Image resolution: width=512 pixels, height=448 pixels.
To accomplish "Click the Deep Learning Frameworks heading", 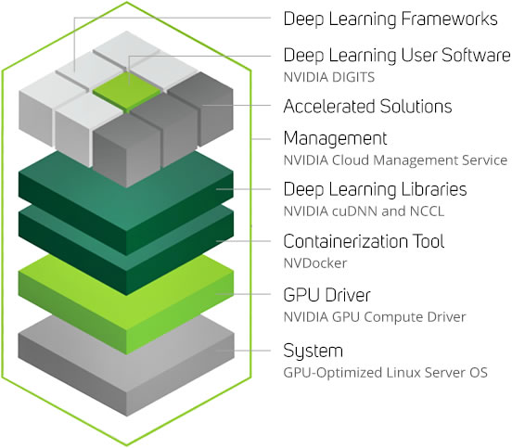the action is click(390, 19).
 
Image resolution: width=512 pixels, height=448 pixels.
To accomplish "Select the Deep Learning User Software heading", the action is click(397, 55).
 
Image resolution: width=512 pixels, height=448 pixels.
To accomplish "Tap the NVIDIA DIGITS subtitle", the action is click(329, 77).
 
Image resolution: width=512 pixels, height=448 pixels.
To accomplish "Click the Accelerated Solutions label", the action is click(367, 106).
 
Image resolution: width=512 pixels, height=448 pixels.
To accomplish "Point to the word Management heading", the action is click(336, 138).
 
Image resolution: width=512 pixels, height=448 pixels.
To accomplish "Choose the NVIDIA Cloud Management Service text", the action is click(395, 160).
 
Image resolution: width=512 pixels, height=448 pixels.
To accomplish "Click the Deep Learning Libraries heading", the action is click(375, 189).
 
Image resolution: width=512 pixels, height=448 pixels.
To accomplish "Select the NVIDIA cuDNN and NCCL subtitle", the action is click(364, 211).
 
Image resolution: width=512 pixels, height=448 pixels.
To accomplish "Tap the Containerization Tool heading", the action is click(364, 241).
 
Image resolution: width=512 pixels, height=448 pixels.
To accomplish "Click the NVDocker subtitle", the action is click(315, 263).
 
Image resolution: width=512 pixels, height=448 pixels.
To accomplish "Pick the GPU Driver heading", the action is click(326, 295).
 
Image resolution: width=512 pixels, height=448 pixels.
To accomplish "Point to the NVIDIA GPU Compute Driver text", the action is click(375, 317).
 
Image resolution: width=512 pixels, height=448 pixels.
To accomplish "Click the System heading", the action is click(314, 351).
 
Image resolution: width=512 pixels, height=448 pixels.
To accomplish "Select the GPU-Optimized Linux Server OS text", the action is click(385, 373).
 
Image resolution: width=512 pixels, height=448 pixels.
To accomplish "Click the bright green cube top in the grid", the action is click(127, 90).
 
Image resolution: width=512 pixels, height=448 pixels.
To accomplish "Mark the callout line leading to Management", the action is click(262, 139).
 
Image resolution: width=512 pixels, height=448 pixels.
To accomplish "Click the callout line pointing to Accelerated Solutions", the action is click(237, 105).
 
